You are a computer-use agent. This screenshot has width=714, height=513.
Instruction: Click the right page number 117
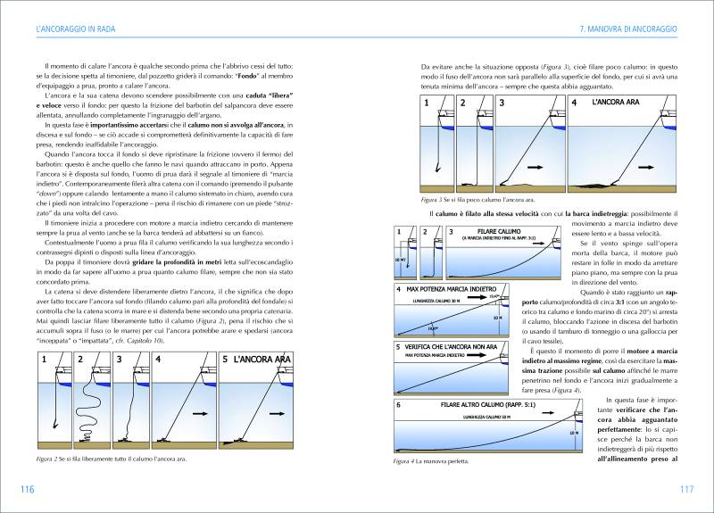pyautogui.click(x=686, y=489)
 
